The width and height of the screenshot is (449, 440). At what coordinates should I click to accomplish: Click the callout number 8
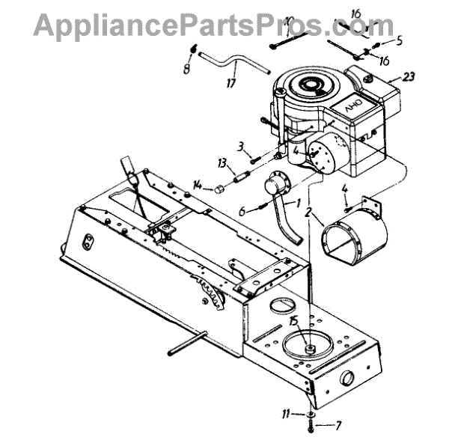(186, 70)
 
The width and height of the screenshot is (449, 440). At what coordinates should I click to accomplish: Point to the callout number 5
(399, 40)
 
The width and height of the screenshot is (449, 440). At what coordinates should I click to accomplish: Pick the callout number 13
(222, 163)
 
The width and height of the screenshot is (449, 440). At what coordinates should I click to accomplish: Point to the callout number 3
(241, 144)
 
